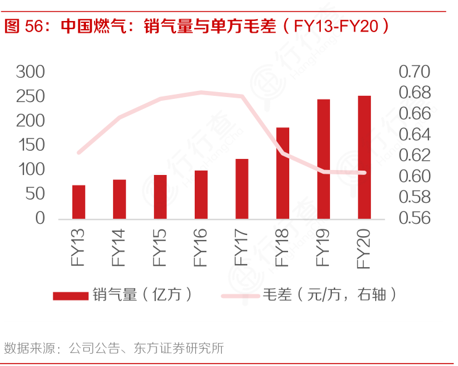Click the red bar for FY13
[78, 202]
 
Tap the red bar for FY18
[282, 172]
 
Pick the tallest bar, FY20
[364, 157]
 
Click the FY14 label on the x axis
[119, 247]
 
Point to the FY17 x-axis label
[242, 247]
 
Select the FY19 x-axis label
[323, 247]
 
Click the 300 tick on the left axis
[31, 72]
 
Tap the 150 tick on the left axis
[31, 145]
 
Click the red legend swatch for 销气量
[70, 296]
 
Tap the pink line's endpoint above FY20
[364, 172]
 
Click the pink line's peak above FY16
[201, 93]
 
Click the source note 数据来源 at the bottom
[28, 348]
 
